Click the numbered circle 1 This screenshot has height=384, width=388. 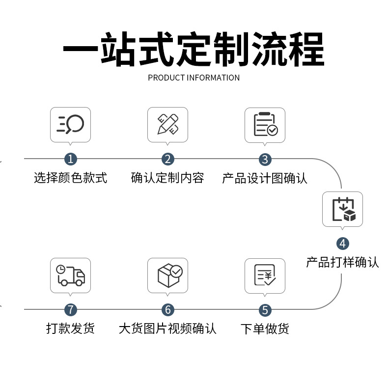71,159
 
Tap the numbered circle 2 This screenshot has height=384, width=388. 168,159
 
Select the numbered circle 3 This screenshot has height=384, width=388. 265,159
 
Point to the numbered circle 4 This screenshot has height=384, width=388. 342,243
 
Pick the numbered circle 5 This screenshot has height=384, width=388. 265,310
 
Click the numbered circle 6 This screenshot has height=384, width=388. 168,310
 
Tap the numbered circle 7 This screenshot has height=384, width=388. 71,310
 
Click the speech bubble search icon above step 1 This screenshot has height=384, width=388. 71,124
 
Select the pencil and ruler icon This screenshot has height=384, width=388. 168,124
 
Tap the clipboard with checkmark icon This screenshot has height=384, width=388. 265,125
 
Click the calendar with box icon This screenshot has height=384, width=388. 342,209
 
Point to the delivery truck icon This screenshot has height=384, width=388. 71,275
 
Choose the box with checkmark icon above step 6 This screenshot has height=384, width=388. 168,275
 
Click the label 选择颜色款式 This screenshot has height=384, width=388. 71,178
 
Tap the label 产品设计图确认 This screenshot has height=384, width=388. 265,178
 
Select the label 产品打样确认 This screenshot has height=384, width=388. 342,262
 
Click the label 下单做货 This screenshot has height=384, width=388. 265,329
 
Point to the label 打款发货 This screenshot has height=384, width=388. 71,328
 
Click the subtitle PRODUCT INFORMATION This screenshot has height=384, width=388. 194,78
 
